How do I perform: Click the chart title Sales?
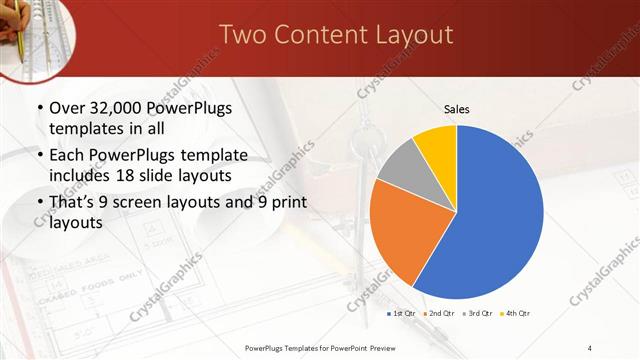click(x=457, y=109)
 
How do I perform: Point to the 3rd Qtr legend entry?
click(x=480, y=313)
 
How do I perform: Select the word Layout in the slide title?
click(x=411, y=35)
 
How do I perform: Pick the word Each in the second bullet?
click(x=67, y=156)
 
